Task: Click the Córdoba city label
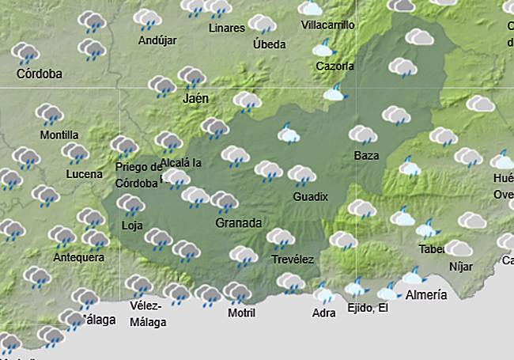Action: [39, 75]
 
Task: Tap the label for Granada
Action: [238, 223]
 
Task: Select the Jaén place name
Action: [195, 99]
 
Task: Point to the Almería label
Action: [425, 295]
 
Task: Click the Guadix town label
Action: [310, 196]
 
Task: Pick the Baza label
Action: [366, 155]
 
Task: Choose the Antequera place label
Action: [78, 258]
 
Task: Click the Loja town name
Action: [131, 225]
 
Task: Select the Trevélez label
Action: [293, 259]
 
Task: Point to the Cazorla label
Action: [334, 66]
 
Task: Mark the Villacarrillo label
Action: [328, 25]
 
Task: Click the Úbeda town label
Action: [269, 44]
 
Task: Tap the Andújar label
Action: [157, 40]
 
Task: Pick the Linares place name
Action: [226, 28]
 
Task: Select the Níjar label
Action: [460, 267]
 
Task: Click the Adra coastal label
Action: [324, 313]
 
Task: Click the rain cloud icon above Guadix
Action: [301, 175]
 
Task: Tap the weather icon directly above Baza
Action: [363, 135]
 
